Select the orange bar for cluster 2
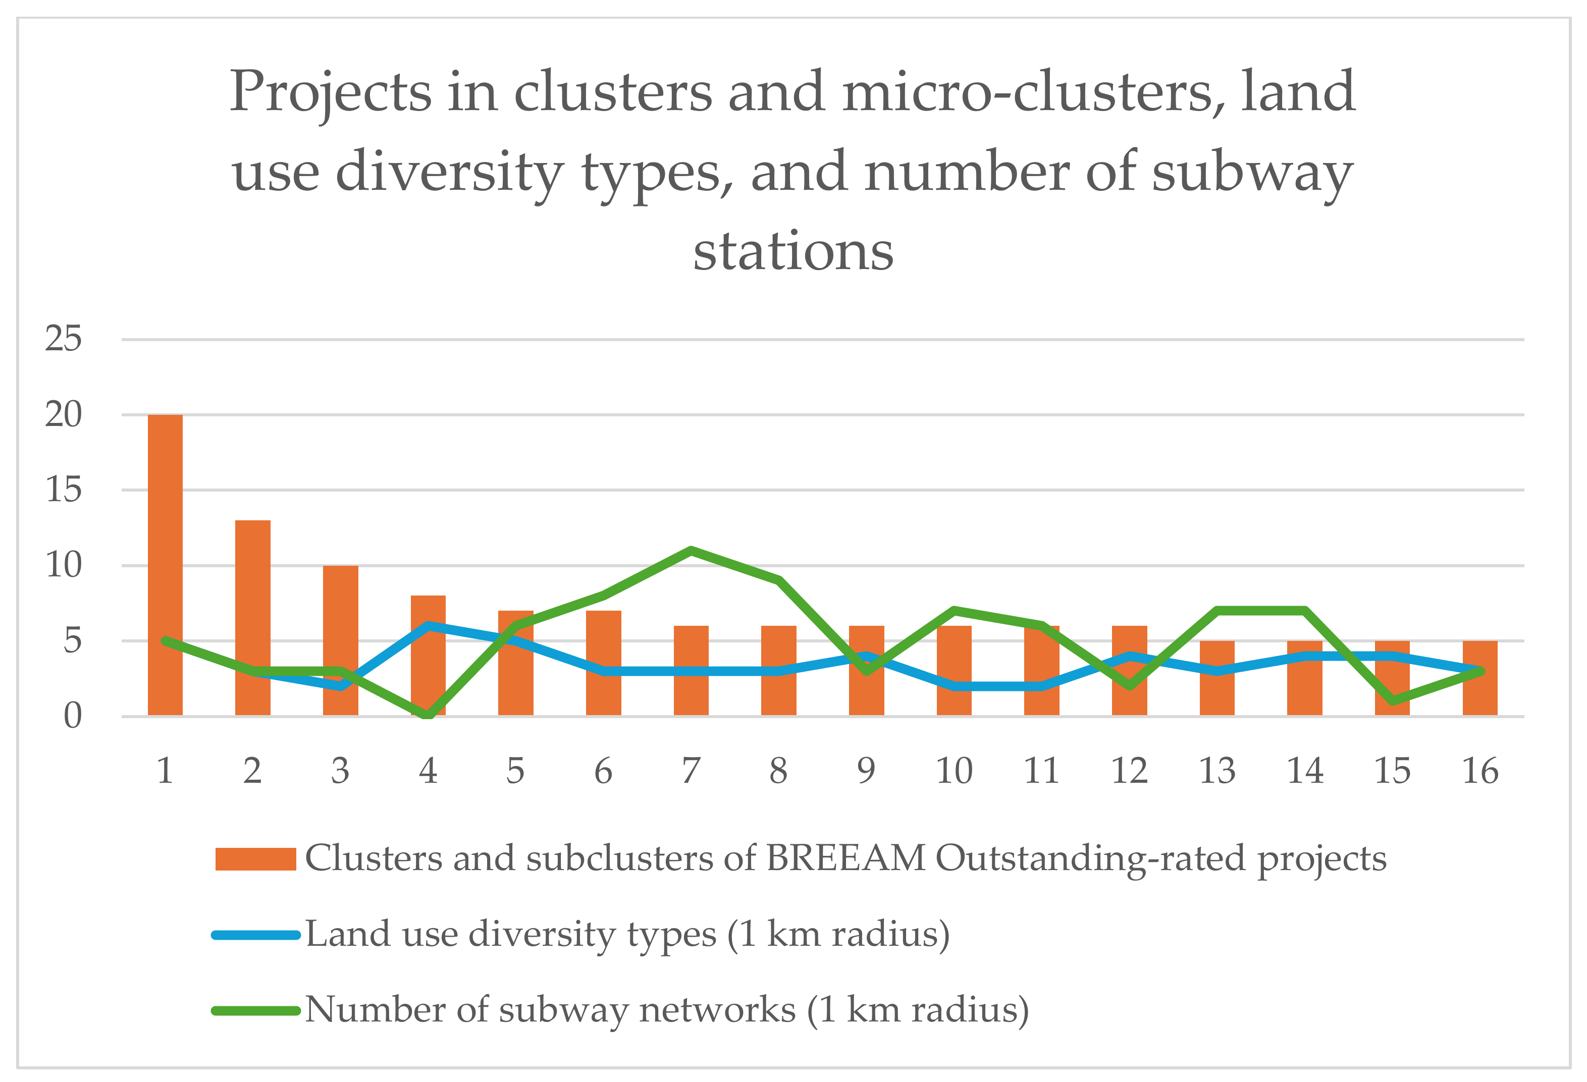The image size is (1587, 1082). pyautogui.click(x=253, y=618)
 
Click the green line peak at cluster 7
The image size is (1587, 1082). pyautogui.click(x=691, y=550)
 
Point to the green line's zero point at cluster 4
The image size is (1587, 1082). pyautogui.click(x=428, y=715)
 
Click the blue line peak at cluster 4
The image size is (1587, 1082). pyautogui.click(x=428, y=625)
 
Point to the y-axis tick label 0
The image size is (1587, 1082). pyautogui.click(x=72, y=716)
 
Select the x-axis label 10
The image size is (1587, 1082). pyautogui.click(x=954, y=772)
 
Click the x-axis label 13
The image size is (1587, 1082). pyautogui.click(x=1217, y=772)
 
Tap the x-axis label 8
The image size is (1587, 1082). pyautogui.click(x=778, y=772)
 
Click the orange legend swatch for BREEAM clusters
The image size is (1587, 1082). pyautogui.click(x=255, y=859)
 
